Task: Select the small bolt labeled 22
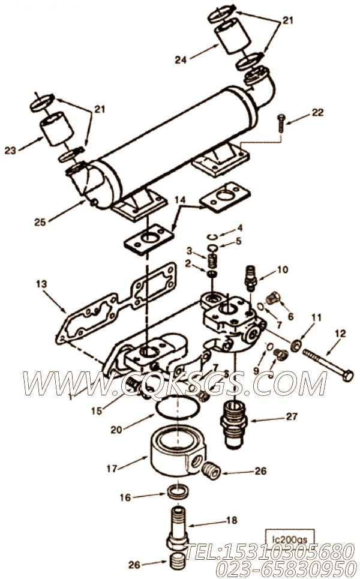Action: (x=281, y=123)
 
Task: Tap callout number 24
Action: (x=181, y=59)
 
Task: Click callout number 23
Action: (x=10, y=151)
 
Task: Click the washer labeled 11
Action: (x=295, y=346)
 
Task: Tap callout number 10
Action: (x=283, y=269)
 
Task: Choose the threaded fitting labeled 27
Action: (x=235, y=422)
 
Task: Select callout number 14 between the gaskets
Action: (x=181, y=200)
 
